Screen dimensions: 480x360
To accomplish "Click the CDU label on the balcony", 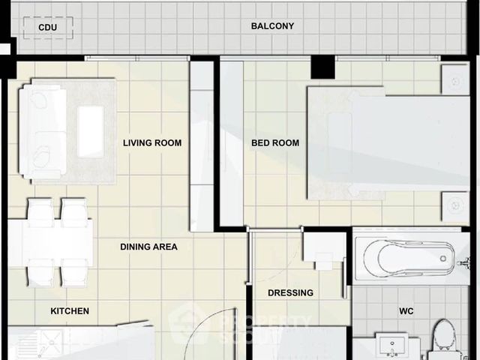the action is tap(48, 28).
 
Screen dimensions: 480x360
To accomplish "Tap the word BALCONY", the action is tap(272, 26).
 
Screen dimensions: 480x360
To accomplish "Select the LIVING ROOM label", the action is tap(152, 143).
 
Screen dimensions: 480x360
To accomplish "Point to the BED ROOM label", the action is tap(275, 143).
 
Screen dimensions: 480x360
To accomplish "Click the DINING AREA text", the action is tap(148, 247).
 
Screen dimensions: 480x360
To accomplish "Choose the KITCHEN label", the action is tap(70, 311).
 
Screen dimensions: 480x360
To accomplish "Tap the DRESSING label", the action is tap(290, 293).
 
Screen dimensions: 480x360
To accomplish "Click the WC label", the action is tap(406, 311).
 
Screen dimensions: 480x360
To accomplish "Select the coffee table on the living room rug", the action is tap(90, 132).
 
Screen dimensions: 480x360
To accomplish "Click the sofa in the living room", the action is tap(43, 132).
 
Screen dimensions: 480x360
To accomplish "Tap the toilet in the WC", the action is tap(443, 338).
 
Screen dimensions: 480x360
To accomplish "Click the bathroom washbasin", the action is tap(392, 345).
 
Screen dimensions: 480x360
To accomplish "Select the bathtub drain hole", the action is tap(443, 259).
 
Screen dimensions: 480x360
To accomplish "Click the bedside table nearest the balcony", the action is tap(455, 79).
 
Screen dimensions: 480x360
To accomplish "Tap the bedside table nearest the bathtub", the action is tap(455, 206).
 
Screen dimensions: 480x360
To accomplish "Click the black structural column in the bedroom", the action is tap(323, 67).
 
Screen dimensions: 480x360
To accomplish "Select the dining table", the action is tap(50, 243).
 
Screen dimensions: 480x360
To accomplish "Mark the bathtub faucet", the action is tap(464, 263).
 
